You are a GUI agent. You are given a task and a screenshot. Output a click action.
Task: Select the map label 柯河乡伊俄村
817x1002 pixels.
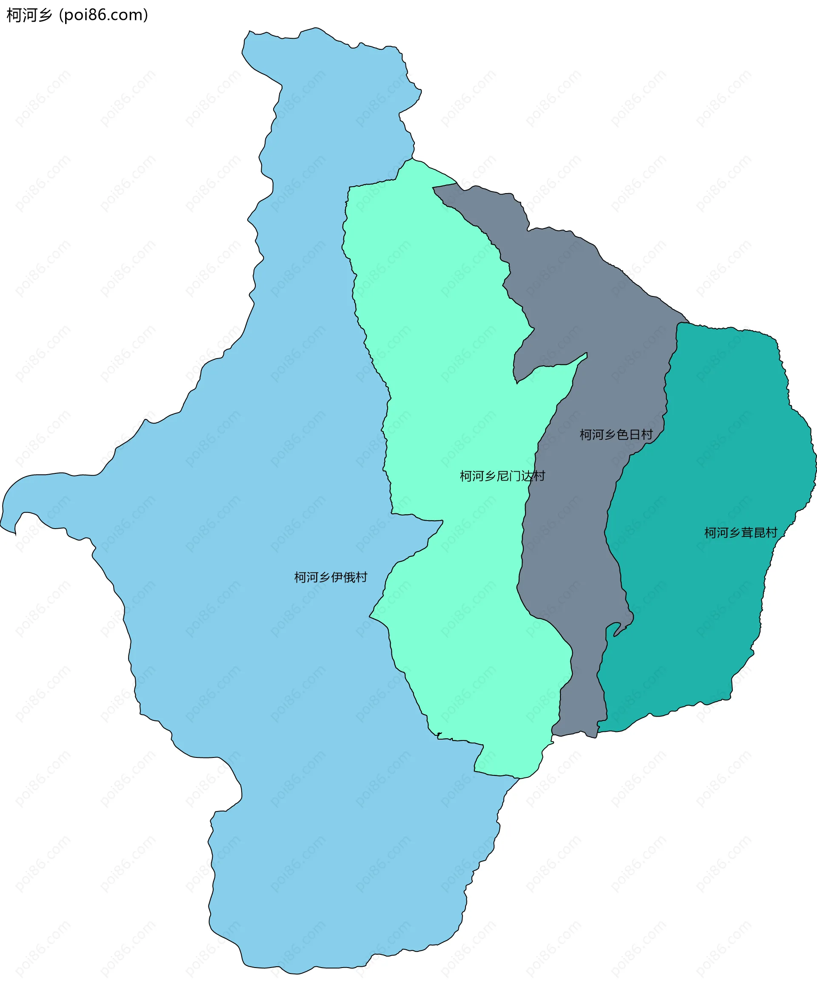click(x=330, y=577)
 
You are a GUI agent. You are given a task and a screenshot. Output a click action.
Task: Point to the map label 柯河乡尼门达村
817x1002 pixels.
click(x=502, y=476)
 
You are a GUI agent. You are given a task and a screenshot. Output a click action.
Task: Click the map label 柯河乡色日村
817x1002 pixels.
click(x=616, y=435)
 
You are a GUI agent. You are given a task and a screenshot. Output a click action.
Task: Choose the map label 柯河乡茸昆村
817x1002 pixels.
click(x=740, y=532)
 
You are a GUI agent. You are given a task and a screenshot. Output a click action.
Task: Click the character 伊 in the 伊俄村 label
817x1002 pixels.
click(x=337, y=577)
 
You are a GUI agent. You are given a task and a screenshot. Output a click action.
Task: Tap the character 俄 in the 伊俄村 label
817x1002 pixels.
click(x=349, y=577)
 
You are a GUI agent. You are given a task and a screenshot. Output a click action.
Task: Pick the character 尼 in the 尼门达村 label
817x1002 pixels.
click(x=503, y=476)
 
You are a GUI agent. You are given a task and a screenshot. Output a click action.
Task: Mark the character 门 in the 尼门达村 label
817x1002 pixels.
click(x=515, y=476)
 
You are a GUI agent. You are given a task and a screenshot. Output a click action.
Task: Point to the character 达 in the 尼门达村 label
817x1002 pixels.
click(x=527, y=476)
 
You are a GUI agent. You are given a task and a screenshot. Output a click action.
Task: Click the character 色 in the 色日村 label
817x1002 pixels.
click(x=623, y=435)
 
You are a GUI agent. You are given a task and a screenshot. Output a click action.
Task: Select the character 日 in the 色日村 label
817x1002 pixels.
click(x=635, y=435)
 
